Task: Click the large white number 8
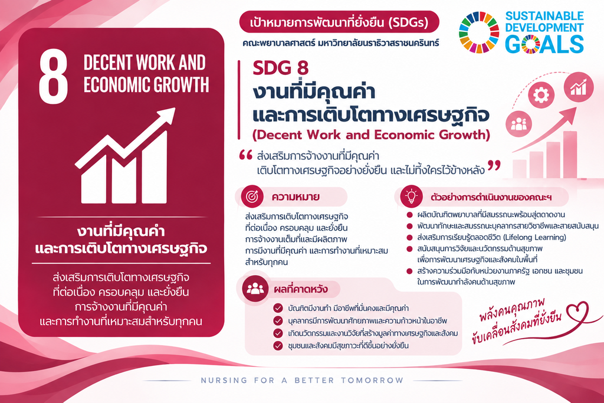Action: (x=54, y=77)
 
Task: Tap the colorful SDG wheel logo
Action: (x=479, y=32)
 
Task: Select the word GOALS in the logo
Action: (x=544, y=44)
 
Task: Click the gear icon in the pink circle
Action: (x=541, y=94)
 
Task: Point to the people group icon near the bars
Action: (x=519, y=124)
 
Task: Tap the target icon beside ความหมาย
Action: (x=252, y=196)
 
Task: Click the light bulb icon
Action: (x=411, y=196)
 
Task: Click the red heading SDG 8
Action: (x=280, y=68)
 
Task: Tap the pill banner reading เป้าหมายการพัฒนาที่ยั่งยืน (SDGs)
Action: (x=339, y=22)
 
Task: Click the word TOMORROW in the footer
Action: (x=372, y=381)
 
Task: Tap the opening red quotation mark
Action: (x=246, y=155)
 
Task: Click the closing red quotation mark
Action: (x=494, y=166)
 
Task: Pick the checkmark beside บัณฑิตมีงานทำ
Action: (x=278, y=308)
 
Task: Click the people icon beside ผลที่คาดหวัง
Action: (x=255, y=289)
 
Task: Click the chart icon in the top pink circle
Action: (x=579, y=87)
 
